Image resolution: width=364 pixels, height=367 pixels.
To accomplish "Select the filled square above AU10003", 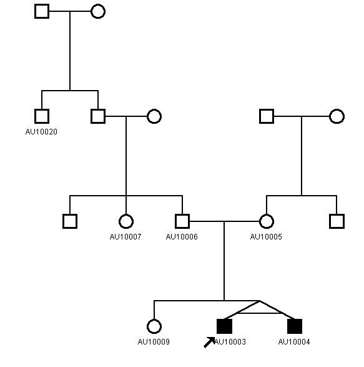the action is pyautogui.click(x=224, y=326).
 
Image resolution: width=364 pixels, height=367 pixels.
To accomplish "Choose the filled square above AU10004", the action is pyautogui.click(x=295, y=326).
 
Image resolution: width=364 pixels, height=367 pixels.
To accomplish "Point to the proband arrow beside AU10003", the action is pyautogui.click(x=209, y=343).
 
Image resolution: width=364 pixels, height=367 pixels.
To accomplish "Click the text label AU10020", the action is pyautogui.click(x=41, y=132).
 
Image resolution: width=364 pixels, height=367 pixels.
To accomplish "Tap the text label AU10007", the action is pyautogui.click(x=125, y=237).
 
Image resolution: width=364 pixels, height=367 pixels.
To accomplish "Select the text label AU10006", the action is pyautogui.click(x=182, y=237).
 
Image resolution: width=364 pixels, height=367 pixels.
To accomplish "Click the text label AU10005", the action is pyautogui.click(x=266, y=237).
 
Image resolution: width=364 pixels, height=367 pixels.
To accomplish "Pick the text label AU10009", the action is pyautogui.click(x=154, y=342).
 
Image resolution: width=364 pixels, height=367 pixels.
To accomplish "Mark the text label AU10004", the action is pyautogui.click(x=294, y=342).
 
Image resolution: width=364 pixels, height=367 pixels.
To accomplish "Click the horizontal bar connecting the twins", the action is pyautogui.click(x=260, y=313).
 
